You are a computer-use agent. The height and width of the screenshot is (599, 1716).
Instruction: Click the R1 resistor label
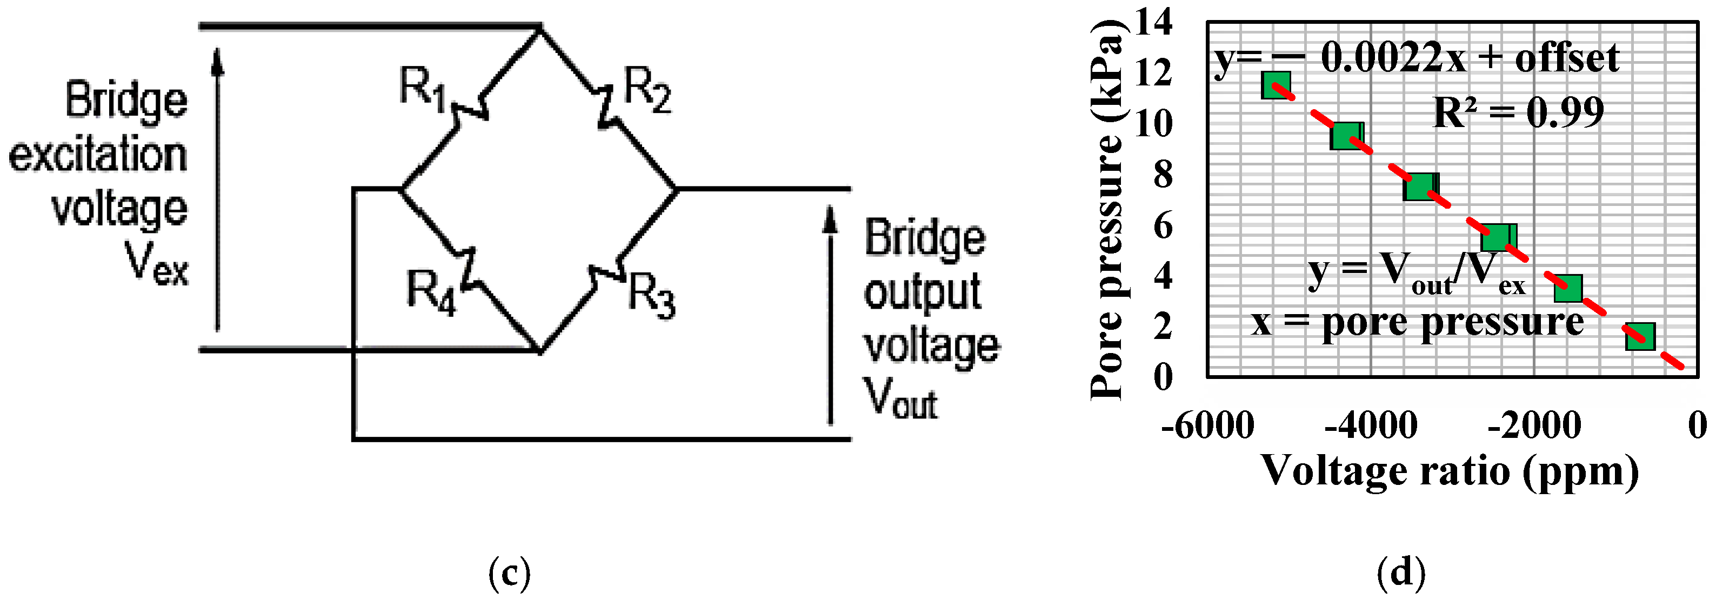click(421, 89)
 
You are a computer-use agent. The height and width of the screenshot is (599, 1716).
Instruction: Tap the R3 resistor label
click(651, 295)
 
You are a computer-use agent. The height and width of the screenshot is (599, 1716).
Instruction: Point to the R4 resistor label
click(431, 292)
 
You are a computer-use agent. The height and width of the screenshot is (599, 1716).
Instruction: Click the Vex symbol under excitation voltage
click(157, 264)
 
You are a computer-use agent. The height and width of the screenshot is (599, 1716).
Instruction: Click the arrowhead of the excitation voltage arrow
click(217, 60)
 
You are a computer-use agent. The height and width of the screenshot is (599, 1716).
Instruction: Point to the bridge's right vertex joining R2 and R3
click(677, 189)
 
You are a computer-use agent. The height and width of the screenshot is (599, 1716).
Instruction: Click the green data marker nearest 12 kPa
click(1276, 85)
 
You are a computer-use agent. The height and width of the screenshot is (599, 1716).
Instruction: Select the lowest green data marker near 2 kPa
click(1639, 336)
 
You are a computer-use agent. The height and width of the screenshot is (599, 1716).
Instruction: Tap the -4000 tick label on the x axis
click(1370, 426)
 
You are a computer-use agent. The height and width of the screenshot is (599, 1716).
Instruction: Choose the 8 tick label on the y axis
click(1163, 175)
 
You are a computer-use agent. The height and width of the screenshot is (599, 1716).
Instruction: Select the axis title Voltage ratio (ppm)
click(1450, 472)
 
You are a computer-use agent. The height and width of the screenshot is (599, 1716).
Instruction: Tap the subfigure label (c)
click(510, 573)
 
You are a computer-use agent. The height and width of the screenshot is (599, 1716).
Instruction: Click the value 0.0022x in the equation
click(1392, 58)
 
